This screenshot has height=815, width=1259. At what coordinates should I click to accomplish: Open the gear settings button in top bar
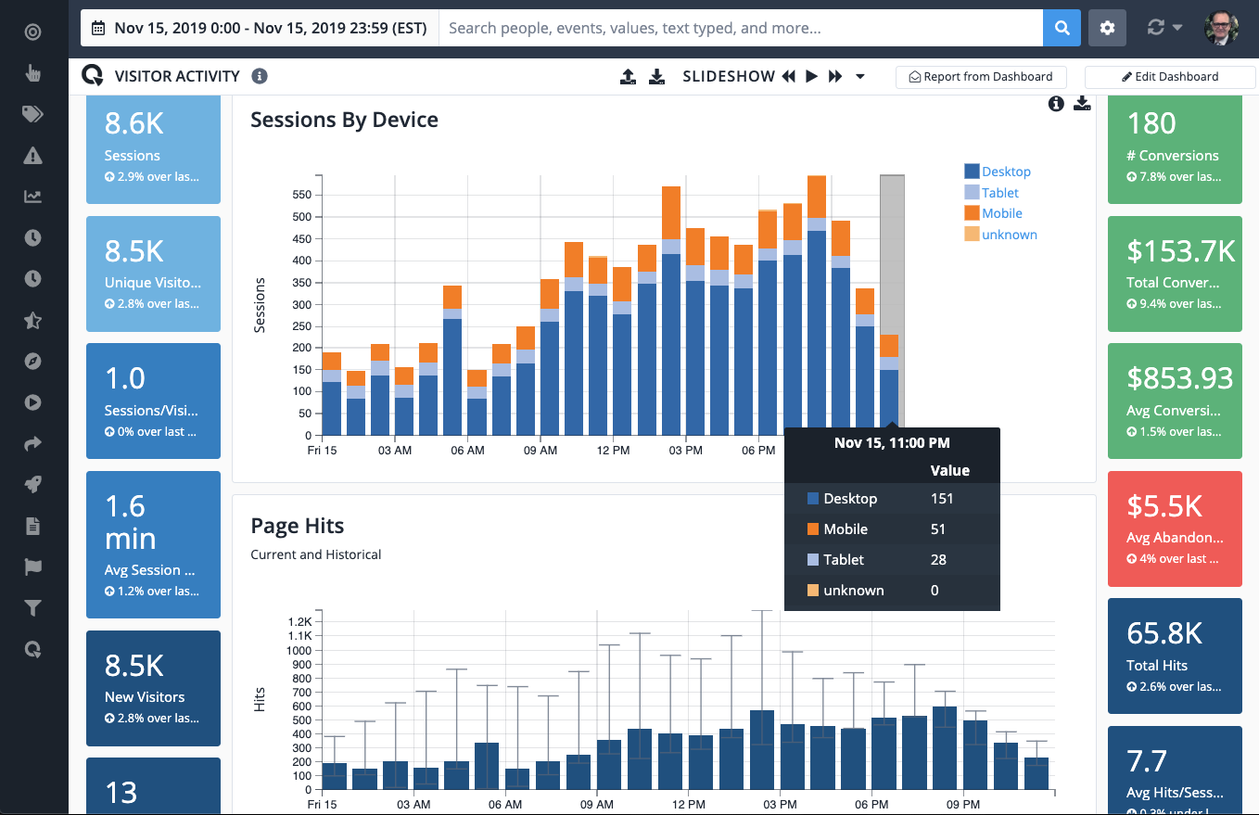coord(1107,28)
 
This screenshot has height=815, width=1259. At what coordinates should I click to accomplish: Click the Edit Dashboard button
coord(1170,77)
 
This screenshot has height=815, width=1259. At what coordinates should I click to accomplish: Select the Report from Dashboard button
coord(981,77)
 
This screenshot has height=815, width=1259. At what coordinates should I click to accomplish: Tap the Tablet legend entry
coord(999,193)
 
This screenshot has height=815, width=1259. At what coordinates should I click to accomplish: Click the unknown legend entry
coord(1009,235)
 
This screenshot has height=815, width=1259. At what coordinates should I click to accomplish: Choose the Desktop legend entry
coord(1006,172)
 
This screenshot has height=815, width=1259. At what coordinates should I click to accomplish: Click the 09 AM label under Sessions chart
coord(540,451)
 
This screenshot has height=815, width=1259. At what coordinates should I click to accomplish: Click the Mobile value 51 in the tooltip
coord(938,529)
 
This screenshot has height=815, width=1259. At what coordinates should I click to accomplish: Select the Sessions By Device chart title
coord(344,120)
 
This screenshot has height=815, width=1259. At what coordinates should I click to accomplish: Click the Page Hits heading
coord(297,526)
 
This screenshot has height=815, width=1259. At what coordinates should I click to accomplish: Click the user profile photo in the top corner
coord(1221,28)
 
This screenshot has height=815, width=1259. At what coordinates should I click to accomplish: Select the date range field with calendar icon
coord(260,29)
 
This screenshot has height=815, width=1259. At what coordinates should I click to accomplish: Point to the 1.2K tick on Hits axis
coord(299,621)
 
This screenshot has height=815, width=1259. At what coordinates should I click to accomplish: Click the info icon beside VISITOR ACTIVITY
coord(260,76)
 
